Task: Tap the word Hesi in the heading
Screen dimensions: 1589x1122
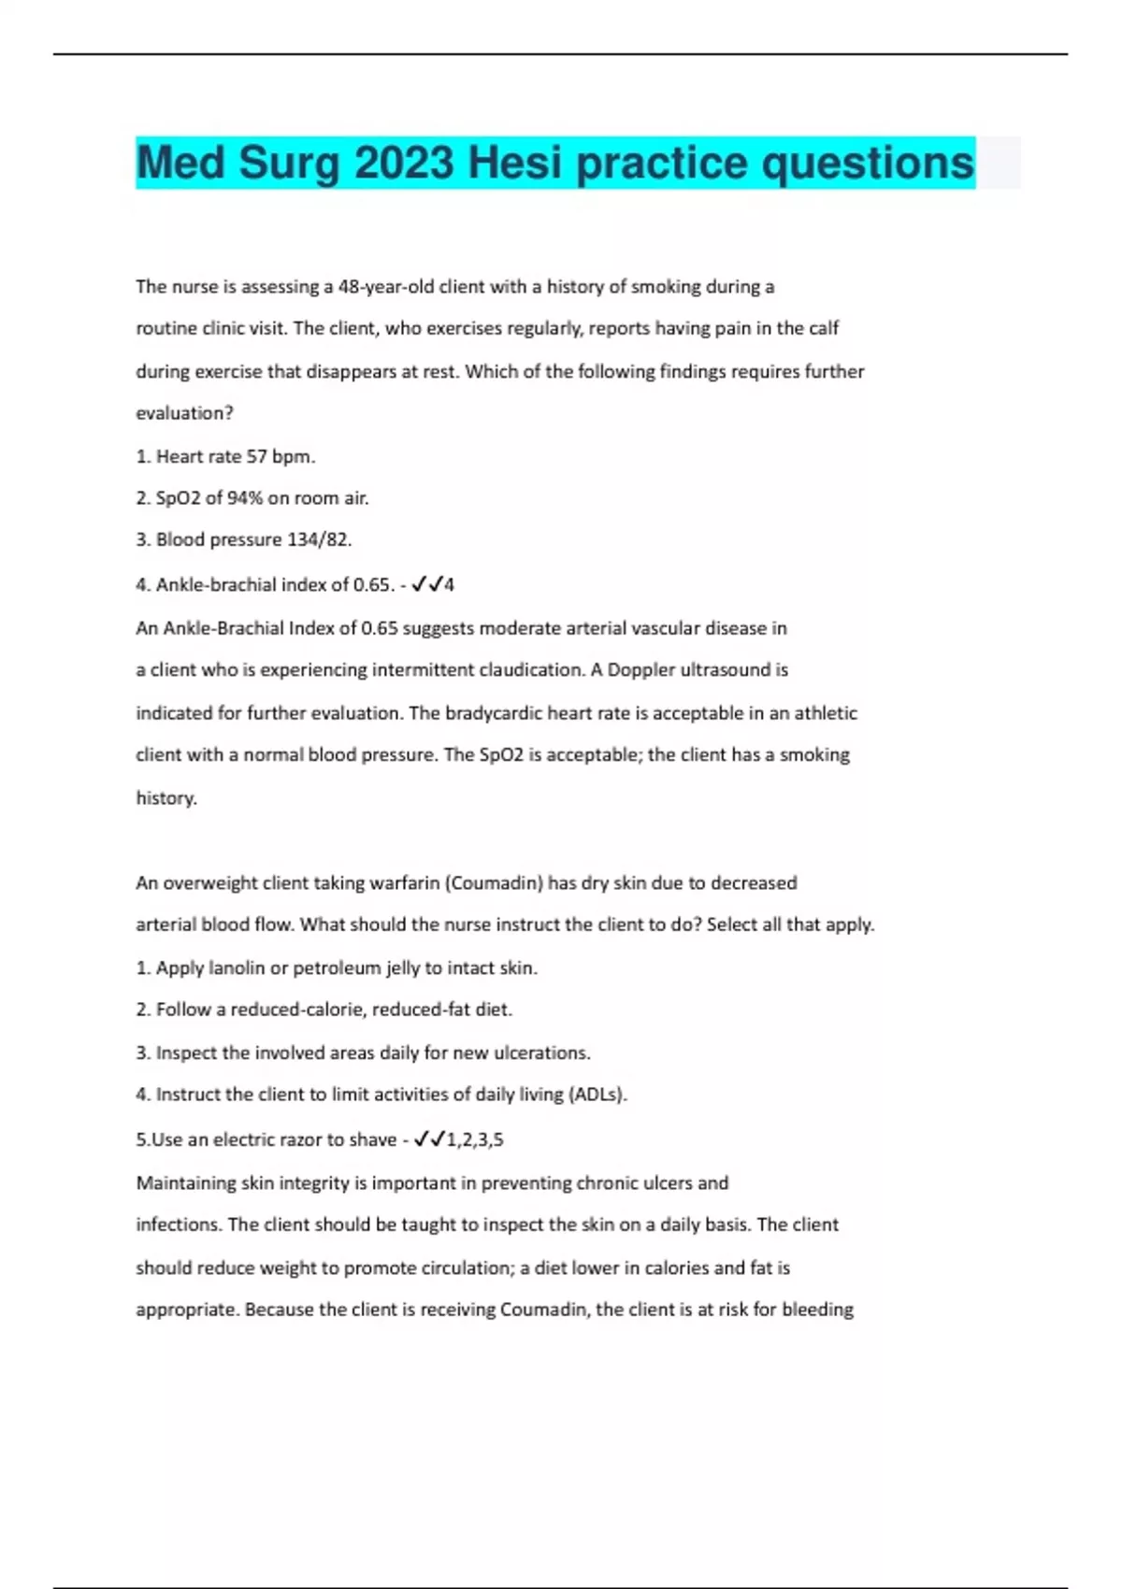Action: (515, 164)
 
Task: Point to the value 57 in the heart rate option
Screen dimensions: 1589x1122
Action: (256, 457)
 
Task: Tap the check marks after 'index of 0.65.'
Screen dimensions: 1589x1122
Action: (426, 585)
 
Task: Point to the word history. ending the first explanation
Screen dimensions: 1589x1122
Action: (166, 798)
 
